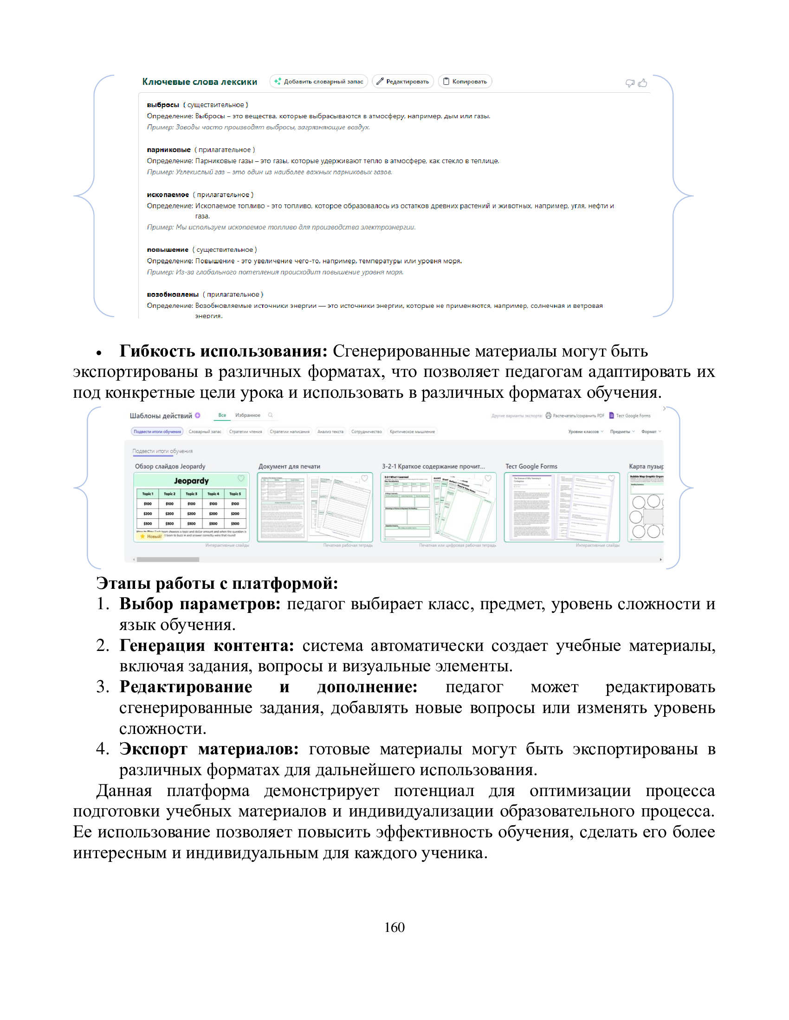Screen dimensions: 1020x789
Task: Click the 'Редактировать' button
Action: click(x=402, y=82)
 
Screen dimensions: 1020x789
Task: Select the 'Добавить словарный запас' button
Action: click(x=319, y=82)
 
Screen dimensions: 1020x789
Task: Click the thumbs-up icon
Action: click(x=643, y=83)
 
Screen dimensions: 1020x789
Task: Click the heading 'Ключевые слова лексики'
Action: click(x=200, y=82)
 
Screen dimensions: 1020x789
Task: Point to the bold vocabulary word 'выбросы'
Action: click(x=162, y=105)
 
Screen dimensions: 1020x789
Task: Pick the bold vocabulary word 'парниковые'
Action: click(x=169, y=150)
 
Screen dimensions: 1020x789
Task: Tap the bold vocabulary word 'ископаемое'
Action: click(x=168, y=195)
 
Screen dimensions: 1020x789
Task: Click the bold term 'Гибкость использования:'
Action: click(x=223, y=351)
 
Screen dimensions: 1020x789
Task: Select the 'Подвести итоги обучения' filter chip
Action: click(x=157, y=432)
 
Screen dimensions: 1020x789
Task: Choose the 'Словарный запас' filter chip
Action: click(x=205, y=432)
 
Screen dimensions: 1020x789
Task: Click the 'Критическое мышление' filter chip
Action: click(x=412, y=432)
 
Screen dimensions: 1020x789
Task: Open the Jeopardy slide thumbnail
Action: click(x=191, y=507)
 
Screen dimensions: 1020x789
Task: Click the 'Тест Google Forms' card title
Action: click(x=531, y=466)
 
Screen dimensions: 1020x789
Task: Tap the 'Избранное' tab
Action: click(x=247, y=415)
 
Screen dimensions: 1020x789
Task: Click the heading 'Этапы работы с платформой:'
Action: click(x=217, y=583)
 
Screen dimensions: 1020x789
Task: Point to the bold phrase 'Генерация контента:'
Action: click(x=207, y=645)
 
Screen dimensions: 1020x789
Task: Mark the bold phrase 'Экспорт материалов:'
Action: click(x=209, y=749)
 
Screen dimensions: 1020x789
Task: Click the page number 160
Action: click(x=394, y=927)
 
